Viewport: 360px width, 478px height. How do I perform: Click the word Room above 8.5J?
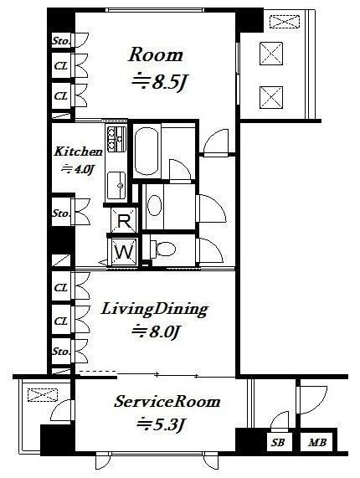tap(156, 55)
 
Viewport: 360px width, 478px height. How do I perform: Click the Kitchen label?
tap(78, 152)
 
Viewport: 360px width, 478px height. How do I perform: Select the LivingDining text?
tap(154, 309)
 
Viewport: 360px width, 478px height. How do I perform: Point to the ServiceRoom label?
tap(167, 402)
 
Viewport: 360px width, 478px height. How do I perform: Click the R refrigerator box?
tap(124, 221)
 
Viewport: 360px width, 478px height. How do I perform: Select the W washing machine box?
tap(125, 252)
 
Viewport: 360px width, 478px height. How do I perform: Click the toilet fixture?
tap(162, 249)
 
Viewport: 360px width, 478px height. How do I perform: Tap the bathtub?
tap(147, 151)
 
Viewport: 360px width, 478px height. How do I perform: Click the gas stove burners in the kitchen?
tap(116, 139)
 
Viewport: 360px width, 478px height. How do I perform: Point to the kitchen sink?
tap(116, 185)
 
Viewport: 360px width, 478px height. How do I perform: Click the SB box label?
tap(277, 442)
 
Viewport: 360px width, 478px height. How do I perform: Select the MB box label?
tap(317, 442)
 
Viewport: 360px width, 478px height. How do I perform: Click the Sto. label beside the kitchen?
tap(61, 213)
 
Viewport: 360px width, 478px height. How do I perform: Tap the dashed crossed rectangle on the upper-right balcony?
tap(285, 21)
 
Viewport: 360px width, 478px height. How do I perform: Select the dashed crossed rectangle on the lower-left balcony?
tap(43, 395)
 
